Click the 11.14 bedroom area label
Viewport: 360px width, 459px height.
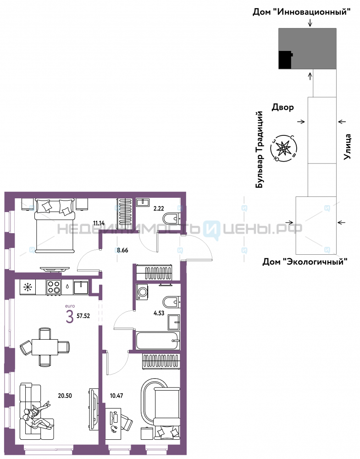[99, 223]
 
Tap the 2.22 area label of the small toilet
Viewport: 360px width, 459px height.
[159, 209]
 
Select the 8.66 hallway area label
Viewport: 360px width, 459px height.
[122, 250]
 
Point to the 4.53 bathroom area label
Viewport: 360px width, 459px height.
[159, 313]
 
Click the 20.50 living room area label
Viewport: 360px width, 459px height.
[65, 396]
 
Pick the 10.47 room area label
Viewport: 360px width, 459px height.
[116, 396]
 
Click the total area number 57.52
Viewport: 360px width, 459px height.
[83, 316]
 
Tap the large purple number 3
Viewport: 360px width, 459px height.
[70, 317]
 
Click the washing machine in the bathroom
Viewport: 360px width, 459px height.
[143, 292]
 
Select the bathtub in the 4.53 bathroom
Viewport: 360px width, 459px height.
[157, 341]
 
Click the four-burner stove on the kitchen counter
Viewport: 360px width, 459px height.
[54, 287]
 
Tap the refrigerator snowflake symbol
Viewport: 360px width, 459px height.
[28, 287]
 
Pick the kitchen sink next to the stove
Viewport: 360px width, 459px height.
[81, 287]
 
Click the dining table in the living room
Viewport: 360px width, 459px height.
[45, 347]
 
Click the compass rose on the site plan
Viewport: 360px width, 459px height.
[283, 148]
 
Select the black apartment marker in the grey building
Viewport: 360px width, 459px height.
[285, 60]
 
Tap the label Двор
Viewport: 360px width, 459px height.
[283, 107]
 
